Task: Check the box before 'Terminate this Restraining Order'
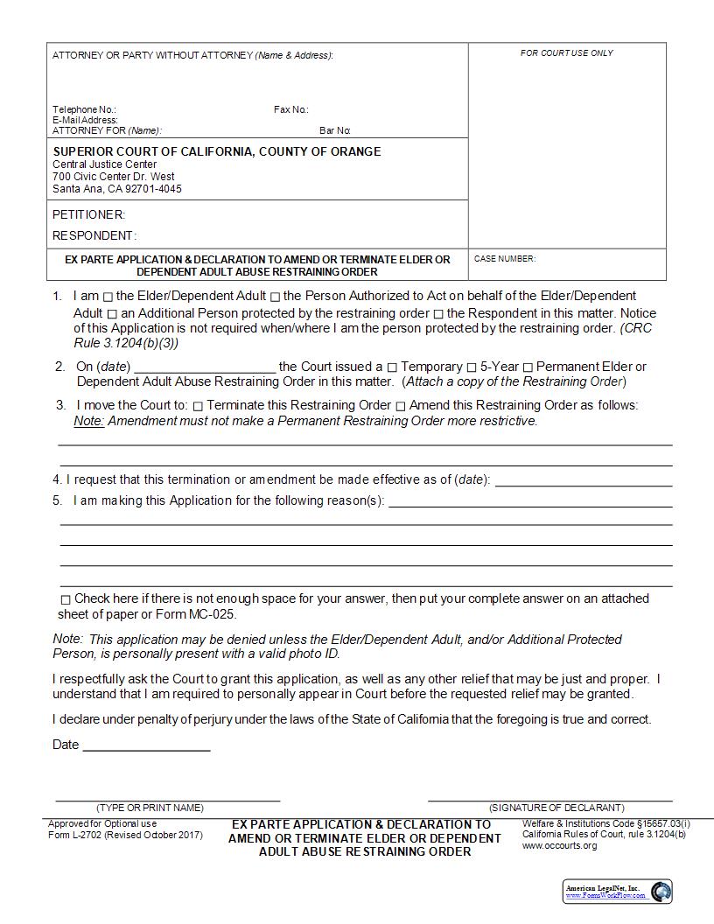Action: pos(198,406)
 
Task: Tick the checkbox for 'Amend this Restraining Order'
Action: pos(401,406)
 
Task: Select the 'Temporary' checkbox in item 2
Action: pos(392,367)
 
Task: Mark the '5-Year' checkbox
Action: pos(472,367)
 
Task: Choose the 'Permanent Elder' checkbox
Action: pos(528,367)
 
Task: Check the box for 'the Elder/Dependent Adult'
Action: pos(108,297)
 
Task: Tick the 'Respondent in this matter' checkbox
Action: pos(438,314)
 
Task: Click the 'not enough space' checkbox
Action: pos(66,599)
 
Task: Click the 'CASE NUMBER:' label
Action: pos(505,259)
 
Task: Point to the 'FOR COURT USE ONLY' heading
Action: pos(567,53)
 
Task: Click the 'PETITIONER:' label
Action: pos(88,214)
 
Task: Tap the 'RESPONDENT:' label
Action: pos(94,235)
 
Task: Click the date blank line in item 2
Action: pos(205,368)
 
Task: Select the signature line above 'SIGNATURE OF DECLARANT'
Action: pos(549,799)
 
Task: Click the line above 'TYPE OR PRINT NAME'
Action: pos(167,799)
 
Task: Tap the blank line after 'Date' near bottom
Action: pos(146,748)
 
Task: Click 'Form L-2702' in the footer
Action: pos(75,835)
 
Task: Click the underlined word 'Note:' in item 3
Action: pos(88,421)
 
